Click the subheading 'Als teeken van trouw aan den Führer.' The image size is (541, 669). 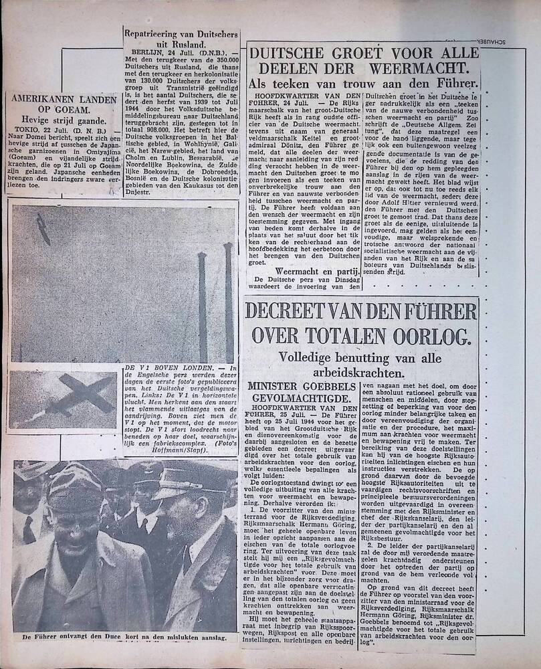pos(363,84)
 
